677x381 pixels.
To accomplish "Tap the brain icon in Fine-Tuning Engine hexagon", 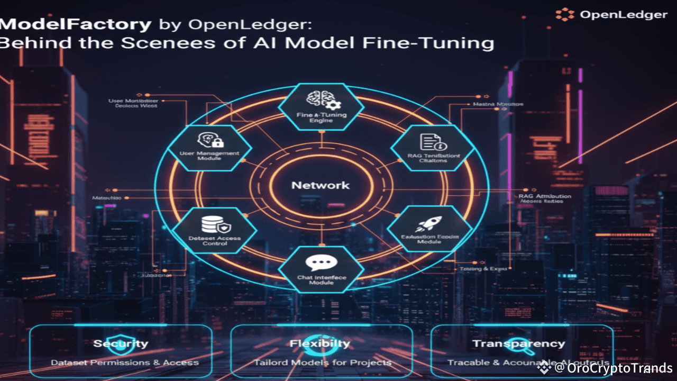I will click(x=318, y=100).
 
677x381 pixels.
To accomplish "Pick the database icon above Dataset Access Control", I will click(x=211, y=224).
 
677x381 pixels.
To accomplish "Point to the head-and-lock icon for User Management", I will click(x=211, y=140).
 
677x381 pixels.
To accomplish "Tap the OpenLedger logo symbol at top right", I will click(x=565, y=14).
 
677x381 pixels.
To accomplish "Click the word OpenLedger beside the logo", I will click(x=624, y=15).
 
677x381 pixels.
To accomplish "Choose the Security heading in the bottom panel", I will click(x=121, y=343).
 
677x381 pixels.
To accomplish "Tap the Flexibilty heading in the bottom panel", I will click(x=320, y=343).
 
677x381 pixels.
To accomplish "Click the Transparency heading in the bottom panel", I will click(x=518, y=343).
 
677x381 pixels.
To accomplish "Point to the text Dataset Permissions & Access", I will click(x=125, y=362).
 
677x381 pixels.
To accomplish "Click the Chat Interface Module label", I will click(x=321, y=279).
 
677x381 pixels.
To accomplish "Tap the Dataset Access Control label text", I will click(x=214, y=241).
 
